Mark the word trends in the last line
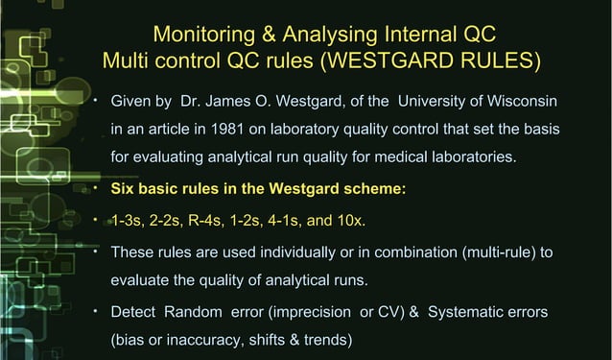pyautogui.click(x=332, y=340)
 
